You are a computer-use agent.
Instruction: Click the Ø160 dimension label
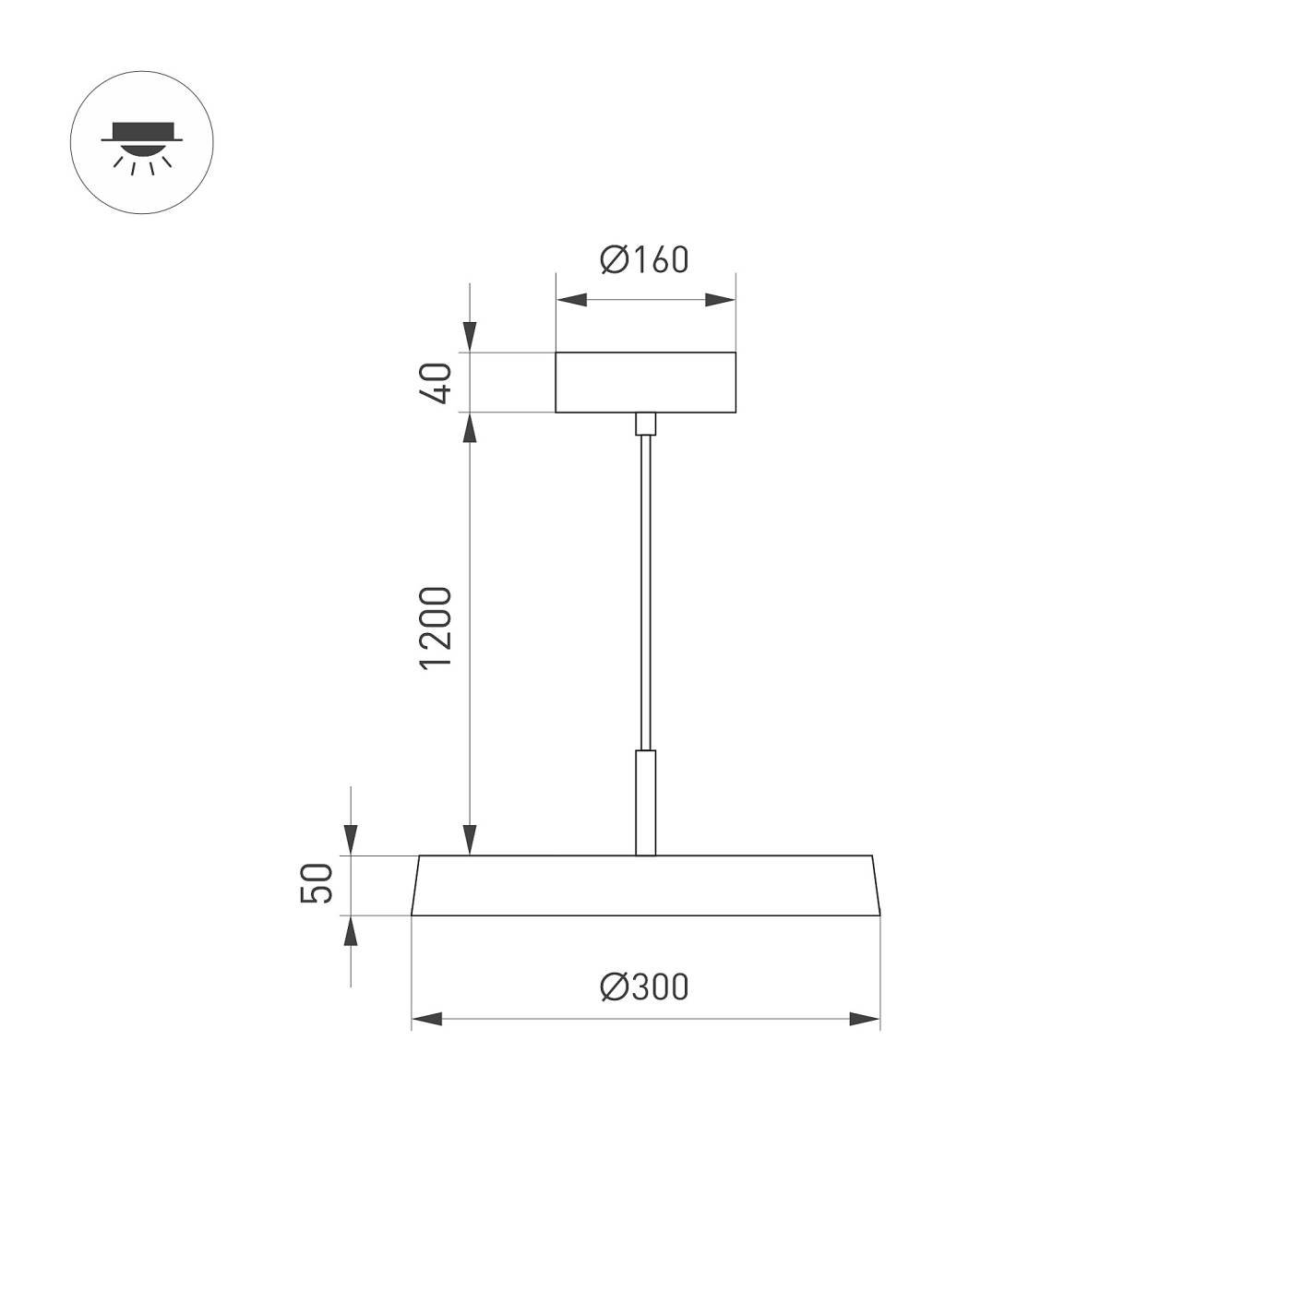(x=644, y=260)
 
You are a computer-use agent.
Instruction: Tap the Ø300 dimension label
(x=644, y=987)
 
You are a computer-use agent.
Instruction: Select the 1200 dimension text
(x=436, y=628)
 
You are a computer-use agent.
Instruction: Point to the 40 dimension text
(x=436, y=382)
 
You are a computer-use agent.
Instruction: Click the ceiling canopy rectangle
(x=645, y=382)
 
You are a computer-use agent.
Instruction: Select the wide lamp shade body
(x=645, y=885)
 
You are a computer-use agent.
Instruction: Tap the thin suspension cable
(x=645, y=591)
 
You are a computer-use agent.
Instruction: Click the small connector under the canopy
(x=645, y=424)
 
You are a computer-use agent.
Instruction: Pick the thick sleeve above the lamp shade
(x=645, y=801)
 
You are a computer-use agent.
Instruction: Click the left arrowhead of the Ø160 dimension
(x=571, y=300)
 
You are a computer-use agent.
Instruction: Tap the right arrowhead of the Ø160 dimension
(x=720, y=300)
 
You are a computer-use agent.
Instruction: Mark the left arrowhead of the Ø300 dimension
(x=427, y=1019)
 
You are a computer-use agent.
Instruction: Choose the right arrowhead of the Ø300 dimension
(x=865, y=1019)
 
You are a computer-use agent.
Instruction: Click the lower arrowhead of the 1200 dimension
(x=470, y=840)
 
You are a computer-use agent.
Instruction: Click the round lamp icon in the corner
(x=142, y=143)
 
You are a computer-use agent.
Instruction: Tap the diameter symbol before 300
(x=613, y=987)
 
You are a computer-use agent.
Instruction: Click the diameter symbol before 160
(x=613, y=260)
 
